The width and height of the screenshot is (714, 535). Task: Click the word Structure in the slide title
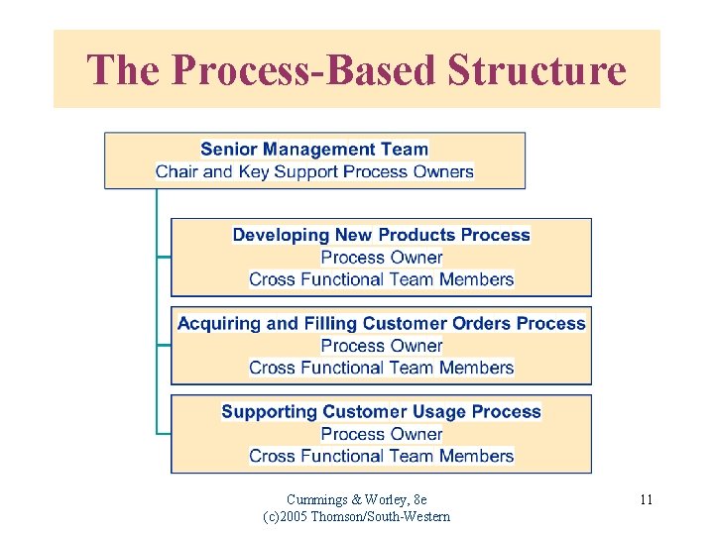coord(537,70)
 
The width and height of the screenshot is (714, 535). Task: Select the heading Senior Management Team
coord(314,150)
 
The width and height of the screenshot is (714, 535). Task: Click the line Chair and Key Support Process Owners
coord(314,171)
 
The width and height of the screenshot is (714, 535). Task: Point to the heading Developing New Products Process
coord(382,236)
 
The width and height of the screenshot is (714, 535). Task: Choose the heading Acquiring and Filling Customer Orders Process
coord(382,324)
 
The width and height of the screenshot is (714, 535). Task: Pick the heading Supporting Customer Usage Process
coord(382,412)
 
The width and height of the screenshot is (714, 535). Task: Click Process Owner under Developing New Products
coord(382,258)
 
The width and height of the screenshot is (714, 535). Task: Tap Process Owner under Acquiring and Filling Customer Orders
coord(382,346)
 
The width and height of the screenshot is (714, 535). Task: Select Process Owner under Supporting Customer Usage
coord(382,434)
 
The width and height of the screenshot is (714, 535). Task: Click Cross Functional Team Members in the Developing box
coord(382,279)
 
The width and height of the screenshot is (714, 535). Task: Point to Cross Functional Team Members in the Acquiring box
coord(382,368)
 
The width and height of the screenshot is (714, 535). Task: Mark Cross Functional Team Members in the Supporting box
coord(382,456)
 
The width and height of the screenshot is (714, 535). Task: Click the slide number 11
coord(646,499)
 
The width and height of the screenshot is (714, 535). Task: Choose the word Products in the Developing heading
coord(415,236)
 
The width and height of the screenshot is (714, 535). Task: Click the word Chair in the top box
coord(177,171)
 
